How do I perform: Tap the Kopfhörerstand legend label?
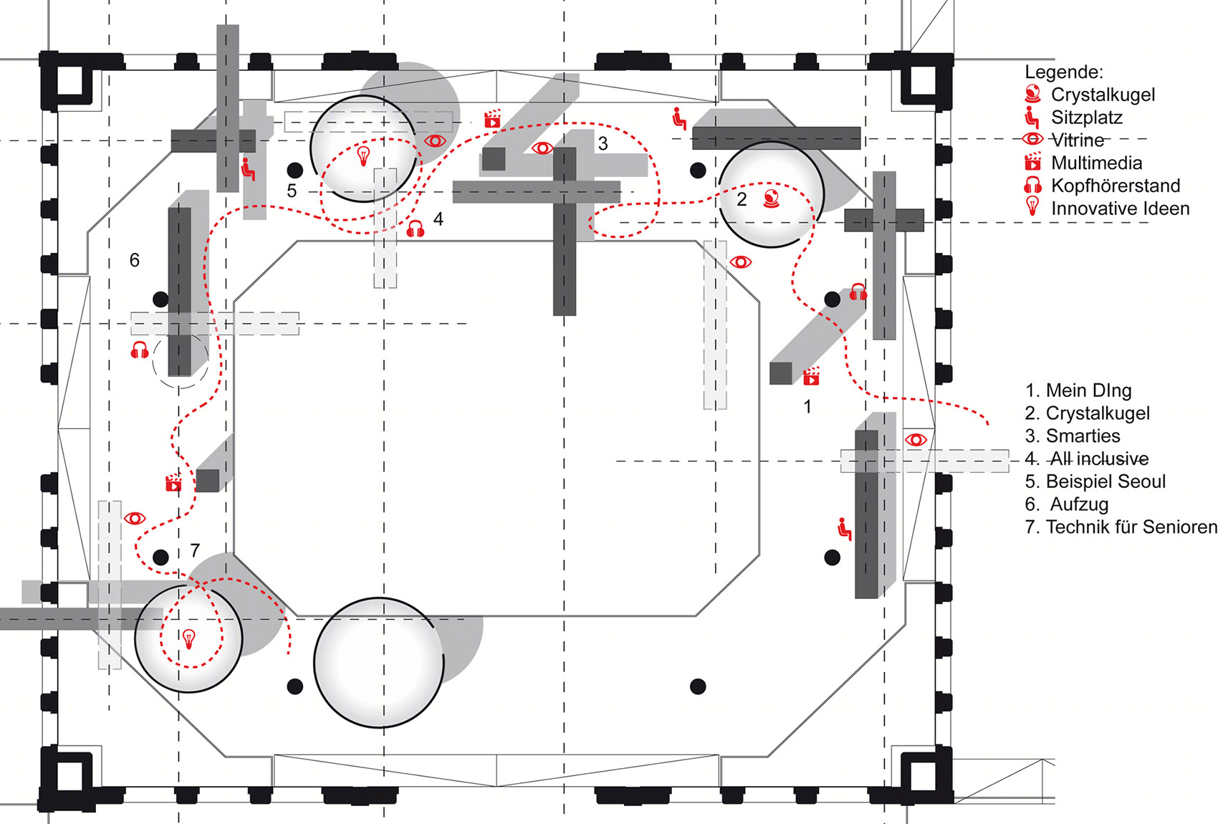click(x=1116, y=186)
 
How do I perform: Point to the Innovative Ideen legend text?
click(x=1120, y=209)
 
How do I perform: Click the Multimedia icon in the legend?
click(x=1032, y=161)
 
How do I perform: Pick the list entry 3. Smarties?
click(x=1073, y=436)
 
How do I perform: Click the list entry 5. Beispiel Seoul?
click(x=1095, y=482)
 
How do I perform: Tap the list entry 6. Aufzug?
click(x=1066, y=504)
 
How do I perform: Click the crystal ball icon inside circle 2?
click(x=771, y=198)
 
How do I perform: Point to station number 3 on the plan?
click(x=603, y=143)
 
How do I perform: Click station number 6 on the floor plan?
click(x=134, y=260)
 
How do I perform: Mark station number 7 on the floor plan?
click(x=195, y=550)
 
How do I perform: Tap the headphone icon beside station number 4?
click(x=416, y=229)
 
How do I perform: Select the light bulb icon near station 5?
click(x=363, y=155)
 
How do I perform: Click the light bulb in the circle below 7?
click(x=188, y=638)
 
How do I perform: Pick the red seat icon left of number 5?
click(x=249, y=169)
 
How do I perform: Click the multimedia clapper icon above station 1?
click(x=811, y=376)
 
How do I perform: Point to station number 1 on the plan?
click(x=807, y=407)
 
